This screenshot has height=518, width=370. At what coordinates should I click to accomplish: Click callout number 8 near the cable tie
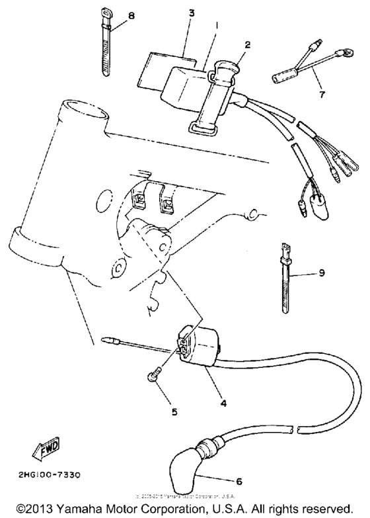pyautogui.click(x=131, y=15)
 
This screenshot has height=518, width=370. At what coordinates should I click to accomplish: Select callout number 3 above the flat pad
pyautogui.click(x=192, y=13)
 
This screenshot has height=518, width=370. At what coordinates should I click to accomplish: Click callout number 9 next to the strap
pyautogui.click(x=322, y=271)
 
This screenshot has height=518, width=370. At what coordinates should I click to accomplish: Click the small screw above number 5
pyautogui.click(x=153, y=376)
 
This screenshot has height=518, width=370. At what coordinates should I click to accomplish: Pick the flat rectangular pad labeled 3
pyautogui.click(x=161, y=67)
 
